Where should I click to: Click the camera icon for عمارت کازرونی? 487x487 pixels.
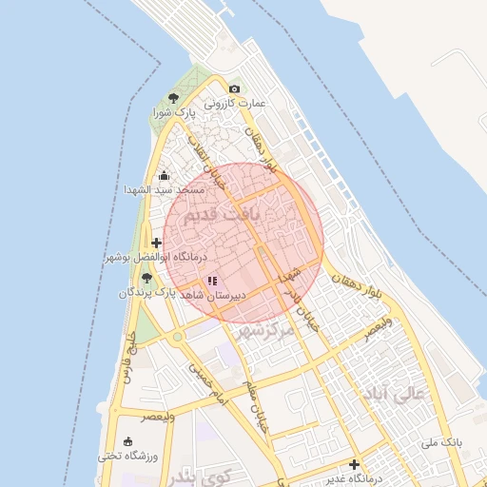235,89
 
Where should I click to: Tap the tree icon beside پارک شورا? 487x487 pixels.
173,98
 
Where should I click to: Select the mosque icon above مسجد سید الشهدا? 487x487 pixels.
164,175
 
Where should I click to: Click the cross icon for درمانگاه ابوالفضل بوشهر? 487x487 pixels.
157,243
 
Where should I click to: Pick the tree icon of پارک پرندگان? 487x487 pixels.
146,278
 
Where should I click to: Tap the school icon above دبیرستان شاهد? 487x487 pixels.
212,281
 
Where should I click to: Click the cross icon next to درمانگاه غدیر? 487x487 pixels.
354,465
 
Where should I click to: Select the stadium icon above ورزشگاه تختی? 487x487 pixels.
128,442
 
